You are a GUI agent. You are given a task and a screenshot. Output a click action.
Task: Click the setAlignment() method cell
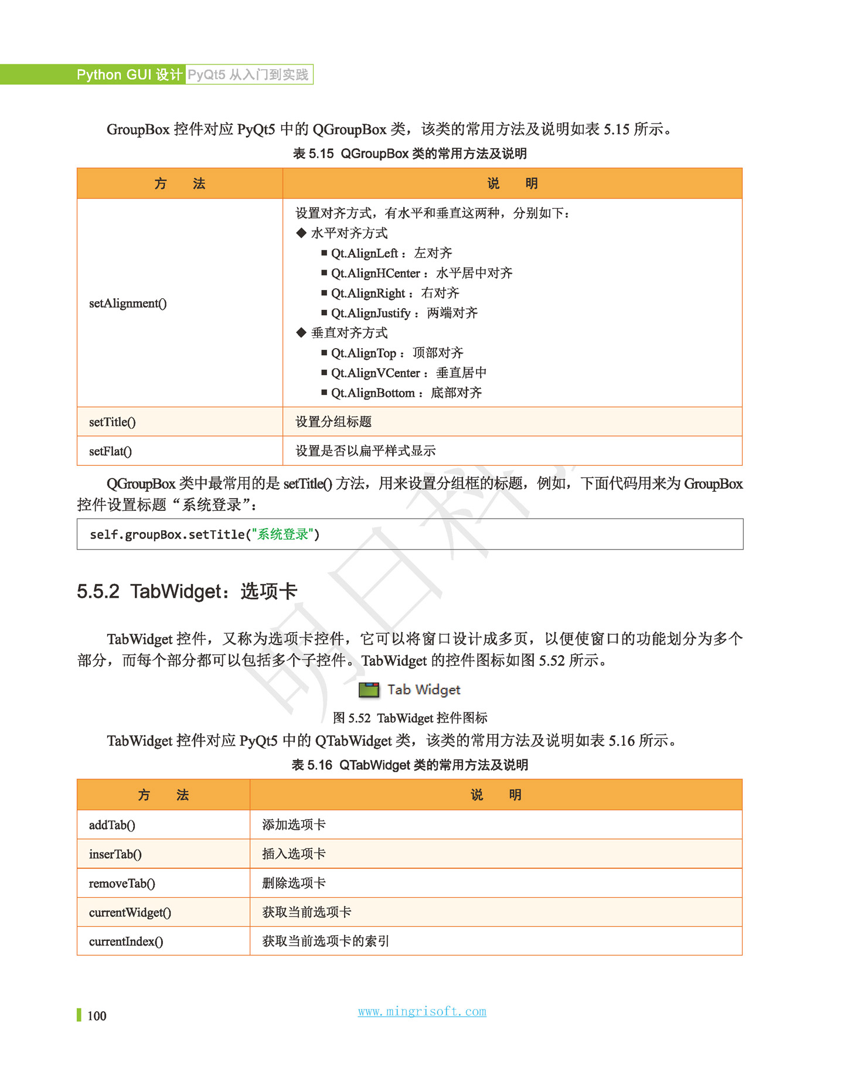point(128,304)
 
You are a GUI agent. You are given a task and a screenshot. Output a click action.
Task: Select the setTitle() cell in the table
point(113,422)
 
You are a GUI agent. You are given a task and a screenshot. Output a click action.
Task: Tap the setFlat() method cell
point(110,451)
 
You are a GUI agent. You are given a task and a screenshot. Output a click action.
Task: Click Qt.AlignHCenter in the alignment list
point(375,273)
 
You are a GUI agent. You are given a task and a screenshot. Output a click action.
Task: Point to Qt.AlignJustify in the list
point(370,313)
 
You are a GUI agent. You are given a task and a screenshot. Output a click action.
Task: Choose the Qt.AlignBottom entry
point(373,393)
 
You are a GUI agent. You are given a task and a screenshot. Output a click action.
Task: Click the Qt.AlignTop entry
point(363,353)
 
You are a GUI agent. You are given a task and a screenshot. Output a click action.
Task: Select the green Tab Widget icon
point(369,690)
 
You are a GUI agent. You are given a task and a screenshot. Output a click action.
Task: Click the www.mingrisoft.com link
point(422,1011)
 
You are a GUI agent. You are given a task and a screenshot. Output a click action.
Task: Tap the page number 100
point(97,1016)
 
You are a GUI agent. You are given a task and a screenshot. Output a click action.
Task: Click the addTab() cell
point(112,825)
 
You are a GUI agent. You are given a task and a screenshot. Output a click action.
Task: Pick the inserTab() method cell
point(115,854)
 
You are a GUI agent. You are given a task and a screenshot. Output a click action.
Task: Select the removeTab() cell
point(122,884)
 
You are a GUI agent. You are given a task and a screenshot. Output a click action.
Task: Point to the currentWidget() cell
point(130,912)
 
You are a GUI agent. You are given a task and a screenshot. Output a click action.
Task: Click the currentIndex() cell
point(126,942)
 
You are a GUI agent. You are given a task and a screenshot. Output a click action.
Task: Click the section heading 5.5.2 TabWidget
point(187,591)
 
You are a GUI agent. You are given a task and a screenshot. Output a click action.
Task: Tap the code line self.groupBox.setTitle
point(205,534)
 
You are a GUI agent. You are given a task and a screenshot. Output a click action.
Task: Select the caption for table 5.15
point(410,154)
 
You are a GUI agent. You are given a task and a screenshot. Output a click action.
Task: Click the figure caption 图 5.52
point(410,718)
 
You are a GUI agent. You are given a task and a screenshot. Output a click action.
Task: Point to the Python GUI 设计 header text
point(130,74)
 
